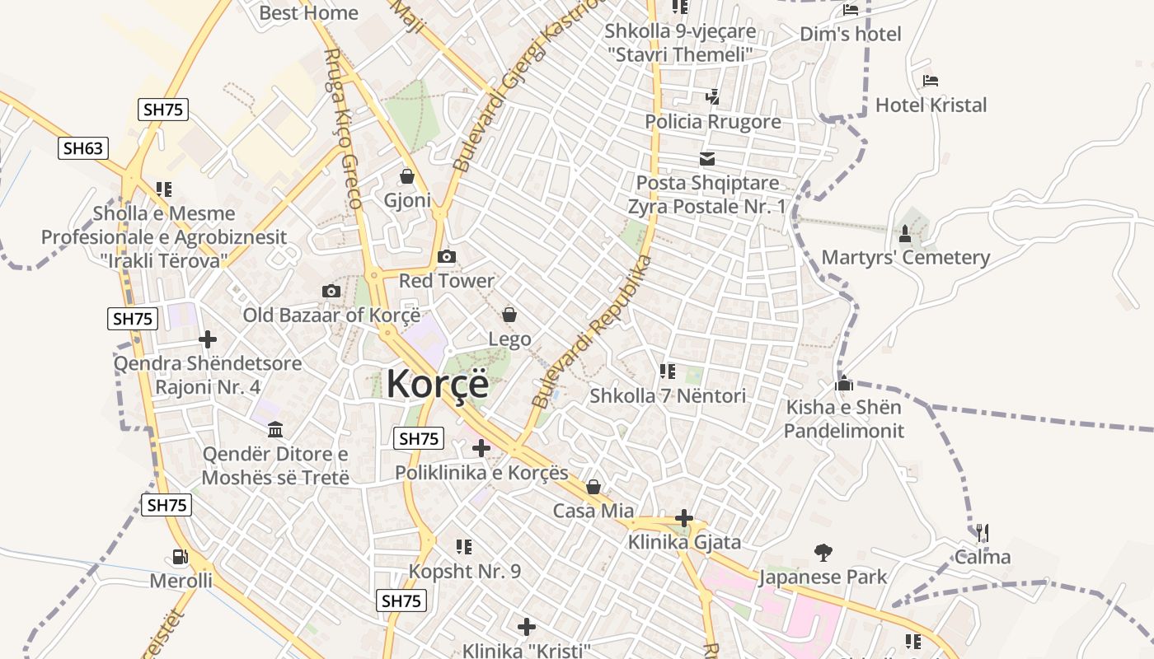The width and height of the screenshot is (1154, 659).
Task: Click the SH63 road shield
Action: [x=83, y=148]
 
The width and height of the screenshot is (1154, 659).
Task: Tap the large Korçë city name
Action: [x=437, y=384]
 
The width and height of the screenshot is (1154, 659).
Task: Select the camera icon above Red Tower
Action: [x=447, y=257]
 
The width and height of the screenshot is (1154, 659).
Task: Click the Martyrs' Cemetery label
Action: [x=906, y=257]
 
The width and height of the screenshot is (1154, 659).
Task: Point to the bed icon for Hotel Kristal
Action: [x=931, y=81]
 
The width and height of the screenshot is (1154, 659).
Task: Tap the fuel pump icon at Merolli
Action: [x=180, y=557]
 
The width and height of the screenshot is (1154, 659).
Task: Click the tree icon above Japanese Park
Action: [x=823, y=552]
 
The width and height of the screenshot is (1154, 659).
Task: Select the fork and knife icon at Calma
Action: [x=982, y=533]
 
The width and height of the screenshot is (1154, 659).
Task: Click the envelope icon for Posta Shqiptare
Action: [x=707, y=159]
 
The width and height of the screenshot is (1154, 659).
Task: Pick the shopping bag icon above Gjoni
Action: [x=407, y=176]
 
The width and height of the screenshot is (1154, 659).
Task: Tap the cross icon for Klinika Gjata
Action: [x=684, y=518]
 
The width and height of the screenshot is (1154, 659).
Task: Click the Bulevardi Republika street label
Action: [x=592, y=332]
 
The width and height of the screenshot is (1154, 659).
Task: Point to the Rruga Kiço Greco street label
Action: [x=344, y=128]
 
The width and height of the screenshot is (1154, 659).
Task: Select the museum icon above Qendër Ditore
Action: [x=275, y=430]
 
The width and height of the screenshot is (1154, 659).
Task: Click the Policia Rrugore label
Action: [x=713, y=122]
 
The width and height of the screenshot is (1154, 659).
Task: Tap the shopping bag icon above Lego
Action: [x=509, y=315]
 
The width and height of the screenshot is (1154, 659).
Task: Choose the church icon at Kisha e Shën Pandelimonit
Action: [x=843, y=383]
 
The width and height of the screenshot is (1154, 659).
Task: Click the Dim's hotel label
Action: [x=851, y=34]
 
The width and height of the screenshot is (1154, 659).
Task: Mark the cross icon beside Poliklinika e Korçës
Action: [x=481, y=448]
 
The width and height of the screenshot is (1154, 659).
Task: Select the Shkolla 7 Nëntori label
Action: [x=668, y=396]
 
